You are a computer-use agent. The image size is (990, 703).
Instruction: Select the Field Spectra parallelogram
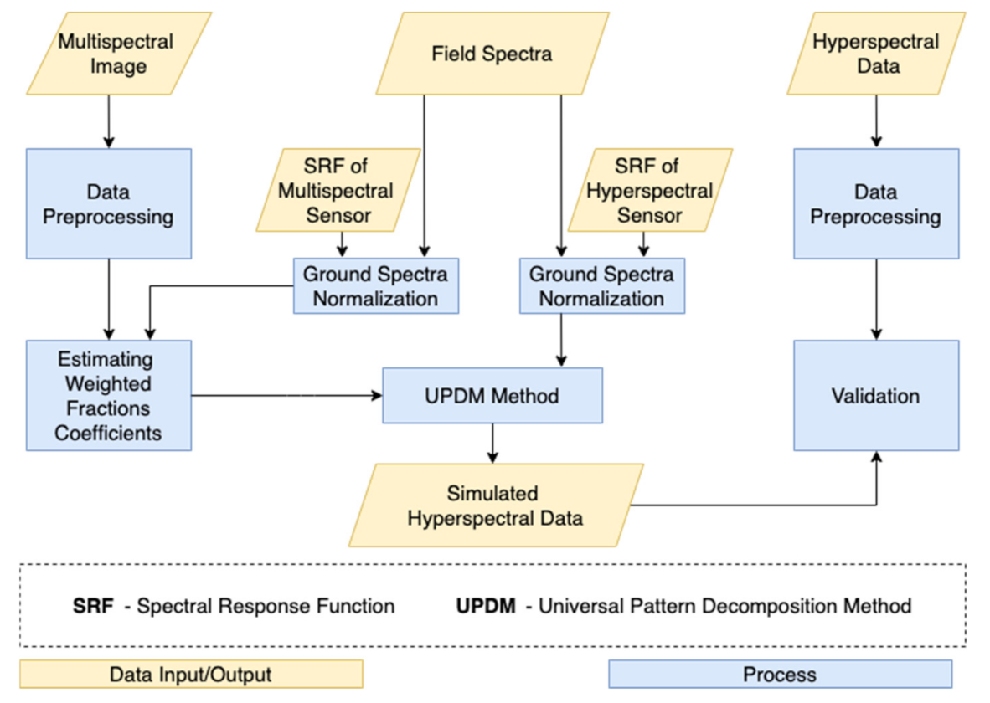click(492, 54)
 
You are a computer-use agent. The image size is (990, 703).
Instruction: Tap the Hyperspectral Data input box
click(876, 54)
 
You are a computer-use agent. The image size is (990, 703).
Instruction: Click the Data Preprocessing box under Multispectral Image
click(108, 204)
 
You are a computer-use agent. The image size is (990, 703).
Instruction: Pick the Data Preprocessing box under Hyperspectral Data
click(876, 204)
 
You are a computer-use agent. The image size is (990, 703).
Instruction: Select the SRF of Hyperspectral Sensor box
click(650, 190)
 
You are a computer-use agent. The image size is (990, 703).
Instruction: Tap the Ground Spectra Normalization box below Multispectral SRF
click(375, 285)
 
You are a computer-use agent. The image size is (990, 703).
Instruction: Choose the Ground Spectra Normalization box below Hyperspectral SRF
click(601, 285)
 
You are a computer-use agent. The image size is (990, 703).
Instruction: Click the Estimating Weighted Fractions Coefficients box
click(108, 396)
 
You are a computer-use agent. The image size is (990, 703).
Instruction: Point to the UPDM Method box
click(492, 395)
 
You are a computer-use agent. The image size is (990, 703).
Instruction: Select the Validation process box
click(876, 396)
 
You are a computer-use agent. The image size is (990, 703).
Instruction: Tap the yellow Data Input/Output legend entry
click(191, 674)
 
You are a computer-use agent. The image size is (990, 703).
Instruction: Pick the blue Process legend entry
click(780, 674)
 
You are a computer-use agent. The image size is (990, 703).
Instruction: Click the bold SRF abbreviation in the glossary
click(92, 605)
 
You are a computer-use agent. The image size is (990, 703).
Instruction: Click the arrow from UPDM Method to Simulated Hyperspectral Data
click(492, 443)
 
